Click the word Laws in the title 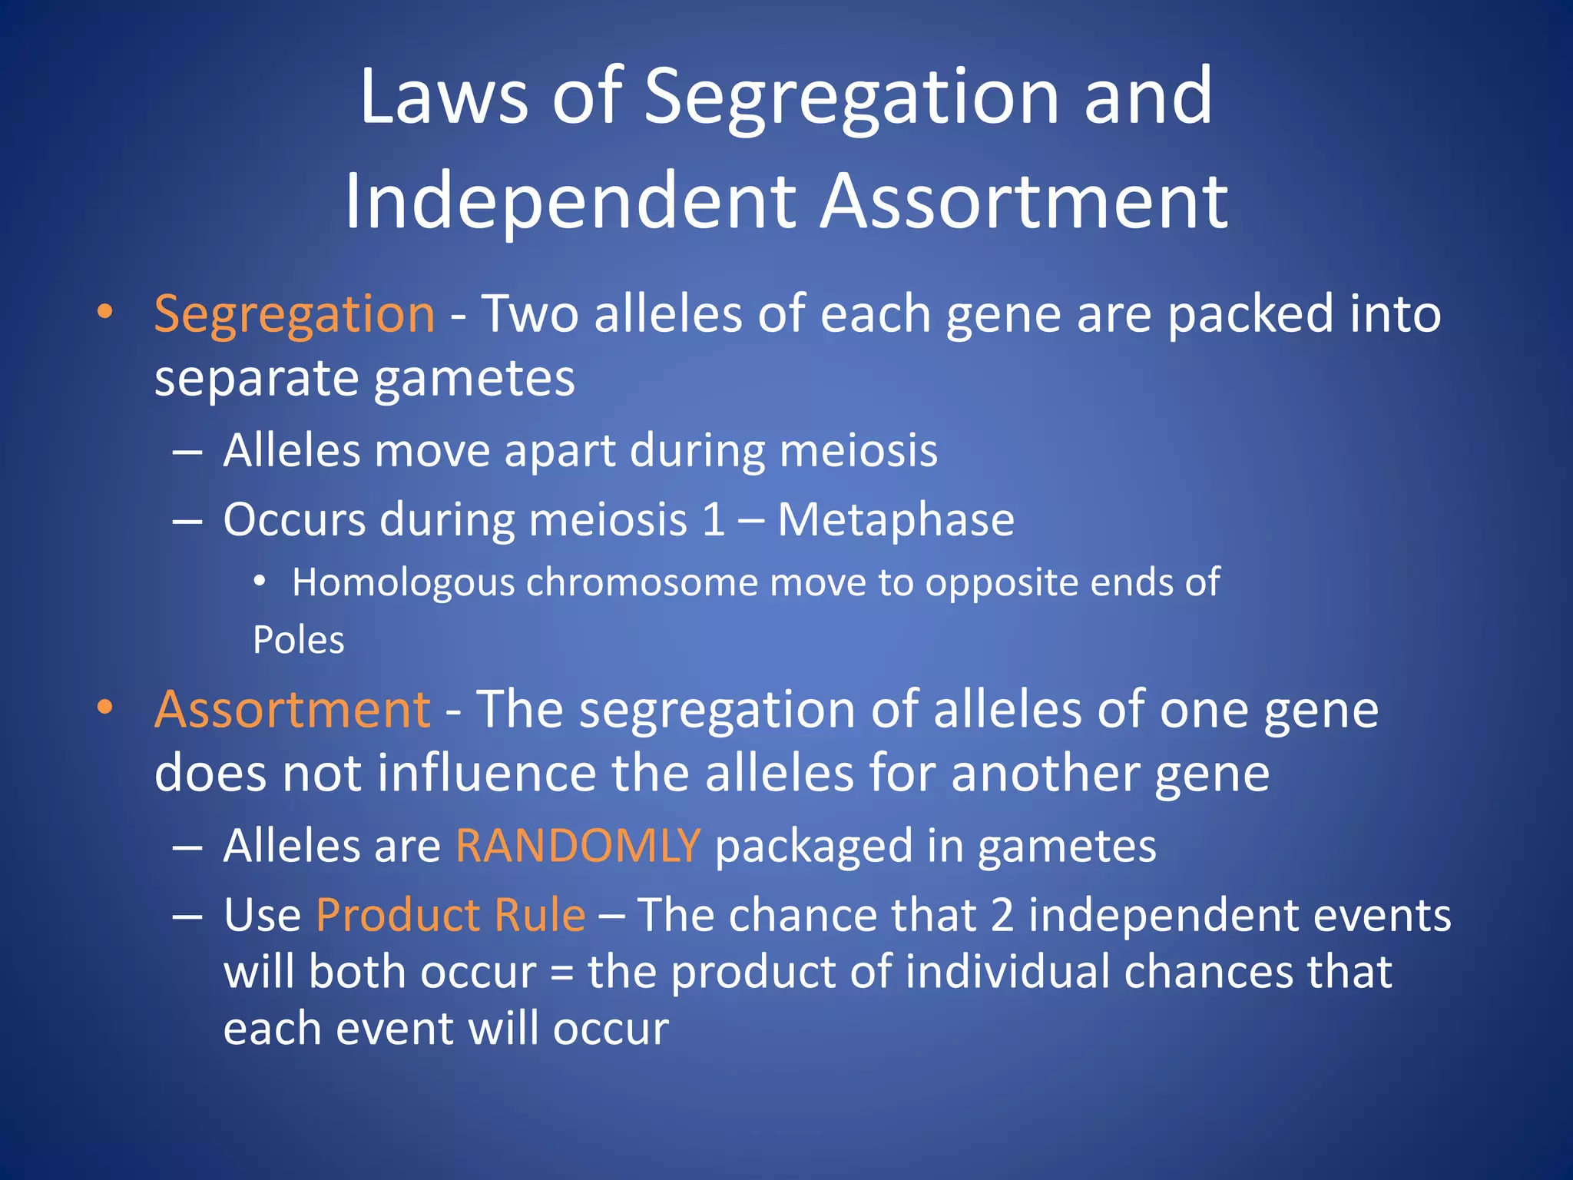point(443,96)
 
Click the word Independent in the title point(568,201)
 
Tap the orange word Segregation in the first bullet point(294,315)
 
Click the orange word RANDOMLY point(578,846)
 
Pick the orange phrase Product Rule point(451,915)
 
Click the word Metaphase point(896,520)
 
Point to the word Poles point(299,640)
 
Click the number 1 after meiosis point(714,520)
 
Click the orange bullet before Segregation point(105,313)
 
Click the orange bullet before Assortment point(105,708)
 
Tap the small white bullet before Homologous point(260,582)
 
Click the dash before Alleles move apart point(187,452)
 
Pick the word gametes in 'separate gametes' point(474,379)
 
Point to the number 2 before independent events point(1002,915)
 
